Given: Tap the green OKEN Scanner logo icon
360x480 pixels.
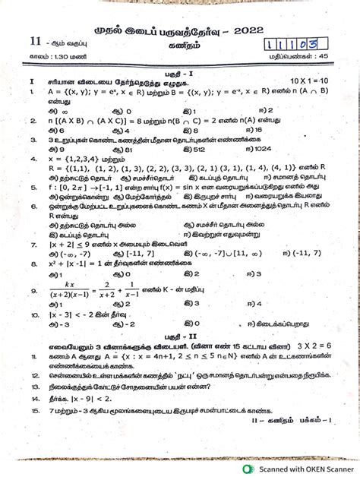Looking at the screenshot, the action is pyautogui.click(x=250, y=469).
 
